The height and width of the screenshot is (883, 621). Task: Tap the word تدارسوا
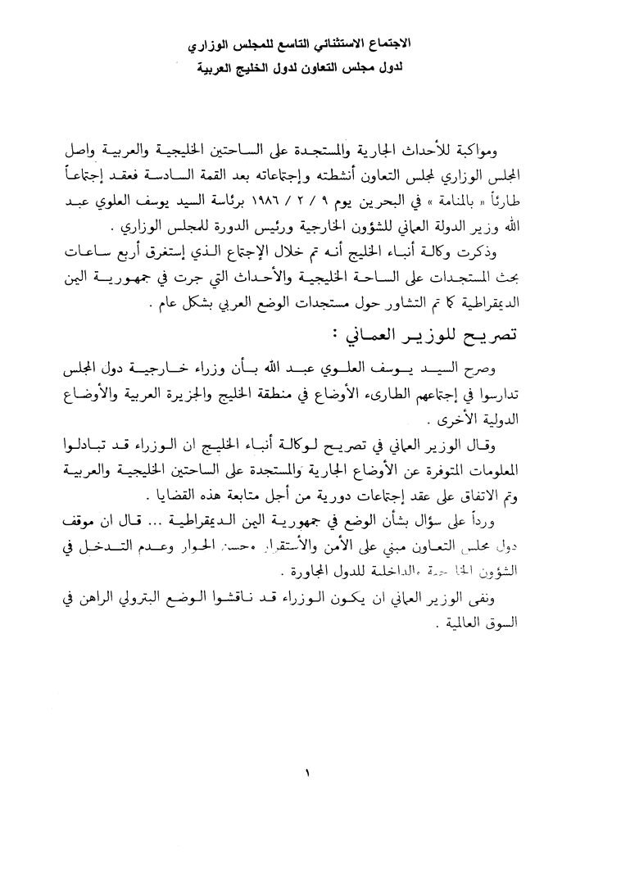[533, 394]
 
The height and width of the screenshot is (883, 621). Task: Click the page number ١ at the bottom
[310, 772]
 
